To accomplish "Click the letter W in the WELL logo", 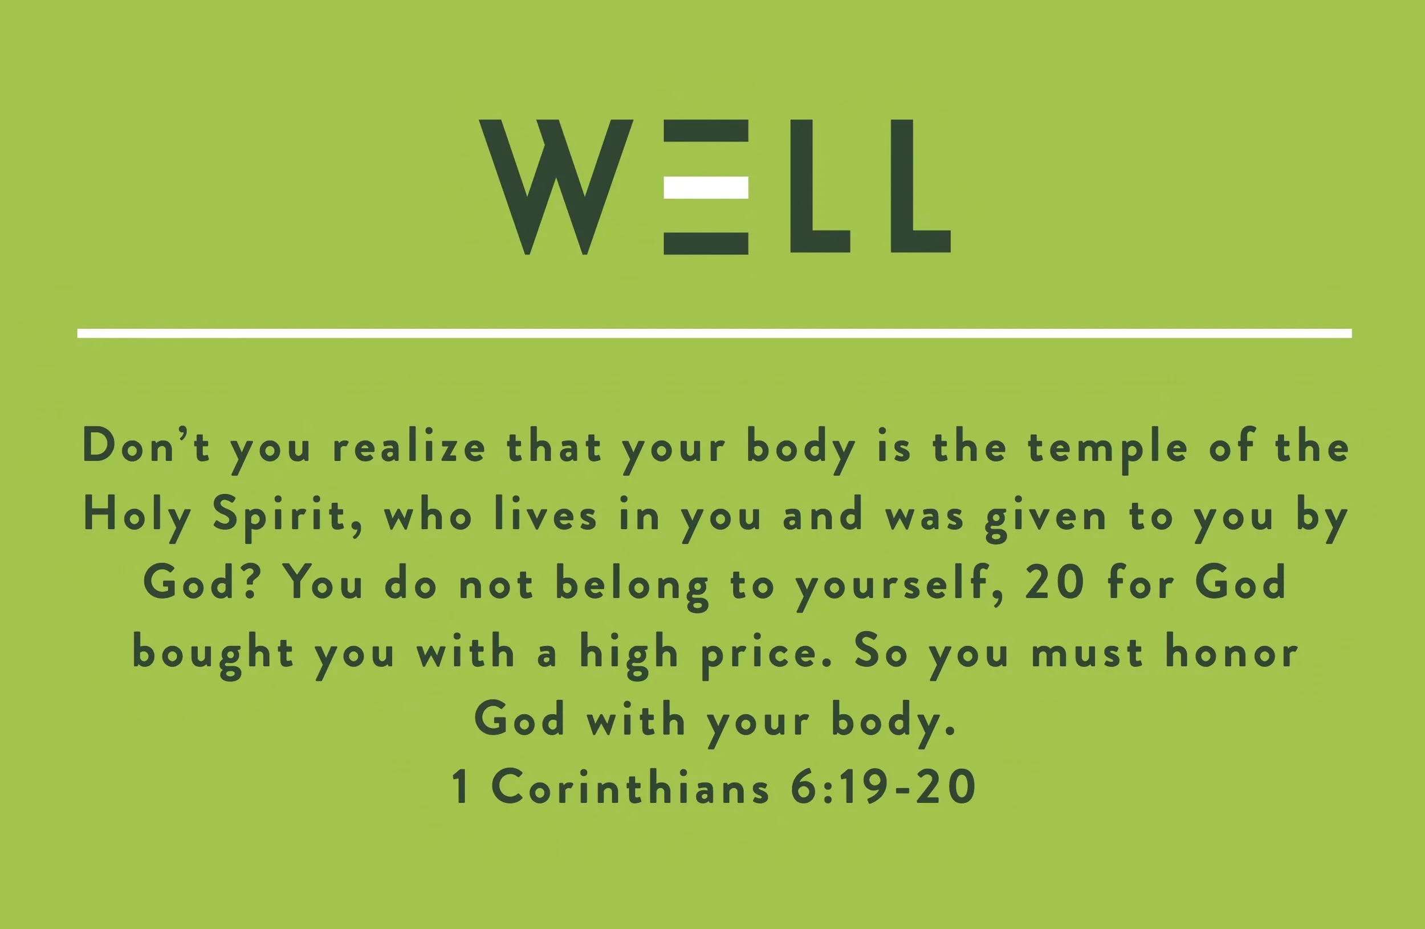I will (556, 186).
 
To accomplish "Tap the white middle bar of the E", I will (706, 187).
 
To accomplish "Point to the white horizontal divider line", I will (714, 333).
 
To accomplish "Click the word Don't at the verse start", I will (146, 446).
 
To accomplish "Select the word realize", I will (409, 447).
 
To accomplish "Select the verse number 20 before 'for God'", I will (1055, 583).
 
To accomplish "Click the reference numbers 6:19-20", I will (883, 787).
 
